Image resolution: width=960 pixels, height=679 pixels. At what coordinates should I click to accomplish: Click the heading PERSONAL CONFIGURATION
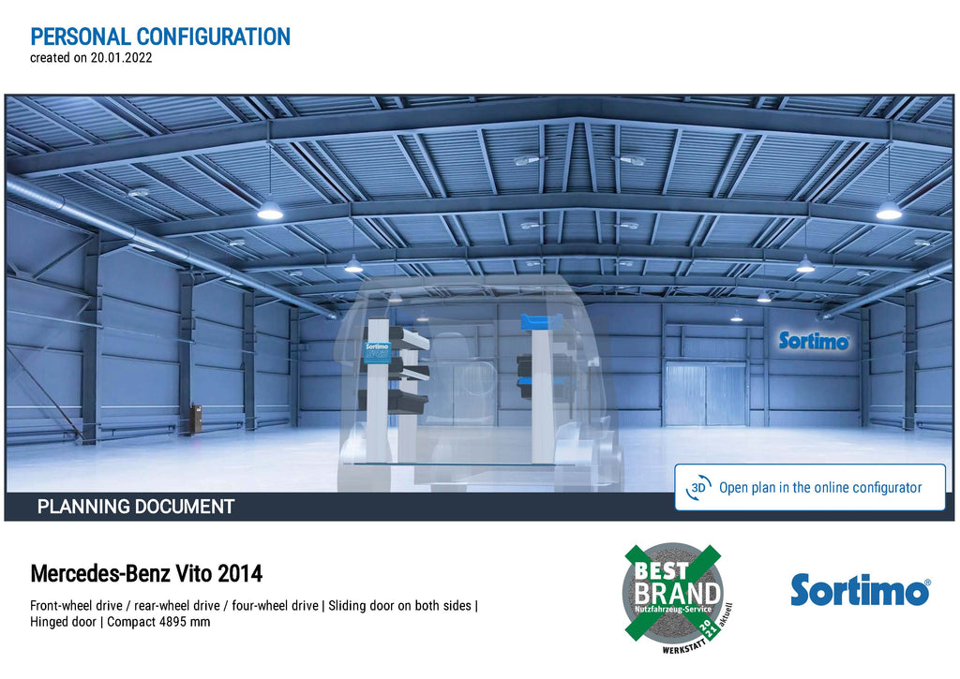pos(160,37)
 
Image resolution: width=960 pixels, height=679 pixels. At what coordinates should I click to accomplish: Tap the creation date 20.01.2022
pos(121,58)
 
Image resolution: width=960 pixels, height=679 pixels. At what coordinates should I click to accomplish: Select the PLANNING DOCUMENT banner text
pos(136,507)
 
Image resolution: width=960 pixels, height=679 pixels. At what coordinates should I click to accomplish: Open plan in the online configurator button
pos(810,488)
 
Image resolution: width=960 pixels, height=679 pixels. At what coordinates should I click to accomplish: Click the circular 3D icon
pos(698,488)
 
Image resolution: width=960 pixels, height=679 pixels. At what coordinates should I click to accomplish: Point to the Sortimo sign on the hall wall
pos(814,341)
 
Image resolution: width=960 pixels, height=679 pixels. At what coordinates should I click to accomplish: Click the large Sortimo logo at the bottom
pos(861,590)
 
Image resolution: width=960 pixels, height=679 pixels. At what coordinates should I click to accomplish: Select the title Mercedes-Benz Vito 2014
pos(146,574)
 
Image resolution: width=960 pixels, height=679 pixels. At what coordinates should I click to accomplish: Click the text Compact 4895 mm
pos(158,622)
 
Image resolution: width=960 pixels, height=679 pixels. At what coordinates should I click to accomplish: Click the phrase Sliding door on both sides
pos(399,606)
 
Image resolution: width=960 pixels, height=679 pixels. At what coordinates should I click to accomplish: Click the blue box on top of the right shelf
pos(541,321)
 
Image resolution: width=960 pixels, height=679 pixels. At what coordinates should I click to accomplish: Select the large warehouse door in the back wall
pos(705,394)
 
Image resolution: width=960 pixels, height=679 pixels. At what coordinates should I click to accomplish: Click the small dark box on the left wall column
pos(197,419)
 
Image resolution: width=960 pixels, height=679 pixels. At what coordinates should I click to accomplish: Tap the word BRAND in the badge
pos(677,594)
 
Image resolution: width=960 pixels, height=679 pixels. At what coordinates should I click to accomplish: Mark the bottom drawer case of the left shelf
pos(393,401)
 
